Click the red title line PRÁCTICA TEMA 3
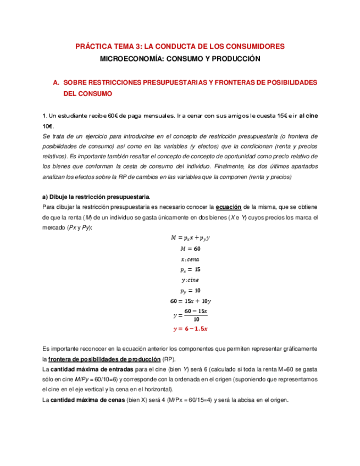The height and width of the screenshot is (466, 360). [180, 47]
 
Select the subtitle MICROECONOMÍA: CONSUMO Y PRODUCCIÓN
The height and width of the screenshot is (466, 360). [180, 58]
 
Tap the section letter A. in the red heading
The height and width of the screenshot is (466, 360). [56, 82]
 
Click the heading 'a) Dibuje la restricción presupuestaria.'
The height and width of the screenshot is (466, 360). [96, 197]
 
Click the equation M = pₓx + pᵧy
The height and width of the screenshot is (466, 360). [191, 238]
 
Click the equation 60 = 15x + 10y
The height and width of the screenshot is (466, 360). [191, 301]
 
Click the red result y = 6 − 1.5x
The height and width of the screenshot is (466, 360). [190, 329]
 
